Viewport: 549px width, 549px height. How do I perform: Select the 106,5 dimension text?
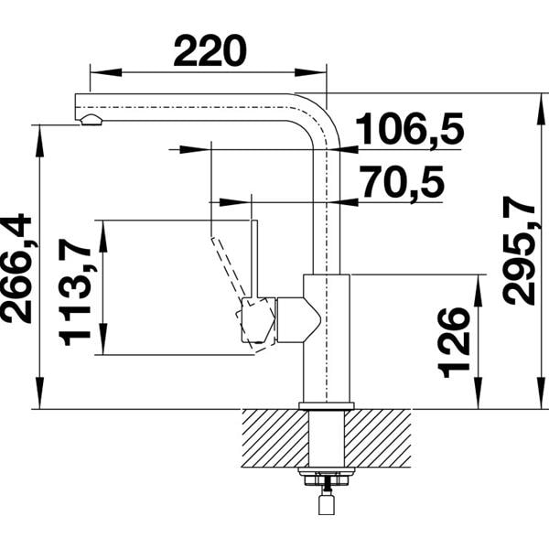pyautogui.click(x=409, y=131)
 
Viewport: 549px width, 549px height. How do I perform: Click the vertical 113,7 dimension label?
pyautogui.click(x=78, y=288)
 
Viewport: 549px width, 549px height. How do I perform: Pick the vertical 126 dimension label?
pyautogui.click(x=455, y=341)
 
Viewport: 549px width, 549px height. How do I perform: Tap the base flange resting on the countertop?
pyautogui.click(x=327, y=404)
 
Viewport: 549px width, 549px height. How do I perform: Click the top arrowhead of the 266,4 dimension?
pyautogui.click(x=38, y=133)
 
